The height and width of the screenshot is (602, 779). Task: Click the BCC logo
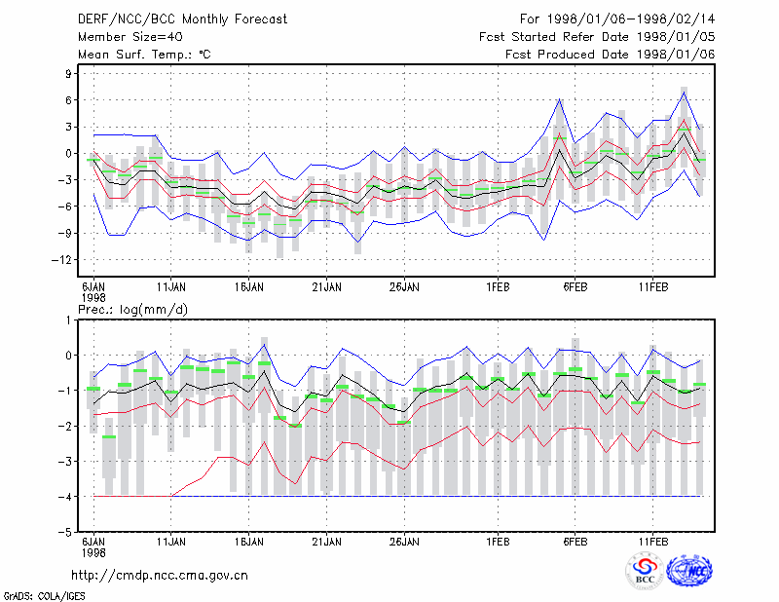(x=645, y=571)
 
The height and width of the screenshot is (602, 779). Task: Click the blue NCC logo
(x=690, y=571)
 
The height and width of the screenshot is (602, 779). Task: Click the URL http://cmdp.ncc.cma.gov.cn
(x=160, y=576)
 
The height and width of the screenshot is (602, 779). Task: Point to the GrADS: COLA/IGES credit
(x=44, y=596)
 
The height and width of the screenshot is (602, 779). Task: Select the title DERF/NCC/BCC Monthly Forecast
(x=182, y=19)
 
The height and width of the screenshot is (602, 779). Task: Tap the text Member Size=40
(x=130, y=37)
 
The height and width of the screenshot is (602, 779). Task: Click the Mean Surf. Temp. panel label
(x=144, y=55)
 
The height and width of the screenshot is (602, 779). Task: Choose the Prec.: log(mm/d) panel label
(x=132, y=310)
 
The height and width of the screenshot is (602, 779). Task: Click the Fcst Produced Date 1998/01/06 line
(x=611, y=55)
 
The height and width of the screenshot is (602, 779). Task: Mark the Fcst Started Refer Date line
(x=597, y=37)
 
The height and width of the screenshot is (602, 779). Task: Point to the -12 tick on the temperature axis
(x=61, y=259)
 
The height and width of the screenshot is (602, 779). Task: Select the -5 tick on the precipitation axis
(x=65, y=532)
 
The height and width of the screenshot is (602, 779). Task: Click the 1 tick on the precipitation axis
(x=68, y=320)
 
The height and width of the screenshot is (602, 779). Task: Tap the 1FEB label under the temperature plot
(x=498, y=287)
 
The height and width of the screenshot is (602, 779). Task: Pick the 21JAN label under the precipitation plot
(x=327, y=542)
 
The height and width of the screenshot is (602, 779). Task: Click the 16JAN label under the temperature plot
(x=249, y=287)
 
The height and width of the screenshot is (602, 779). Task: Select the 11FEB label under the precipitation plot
(x=653, y=542)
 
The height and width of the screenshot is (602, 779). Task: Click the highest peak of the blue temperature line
(x=685, y=93)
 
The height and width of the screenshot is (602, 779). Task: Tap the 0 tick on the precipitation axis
(x=68, y=356)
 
